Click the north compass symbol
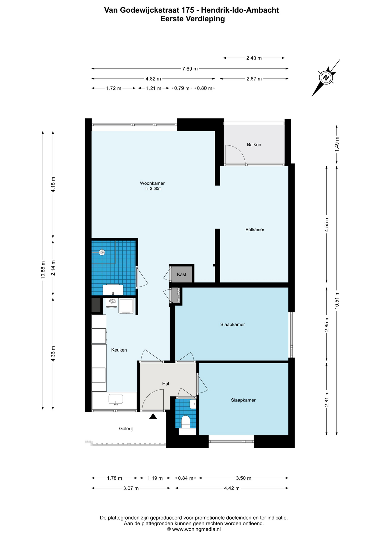tap(326, 77)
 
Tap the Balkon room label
tap(254, 145)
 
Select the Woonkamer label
tap(152, 183)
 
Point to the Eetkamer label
tap(255, 230)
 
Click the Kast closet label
tap(182, 275)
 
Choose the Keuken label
tap(119, 350)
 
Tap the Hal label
tap(166, 384)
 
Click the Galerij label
tap(126, 429)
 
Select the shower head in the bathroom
tap(102, 252)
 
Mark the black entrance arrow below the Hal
tap(153, 416)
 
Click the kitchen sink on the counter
tap(115, 399)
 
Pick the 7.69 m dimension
tap(190, 69)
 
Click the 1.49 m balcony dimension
tap(337, 144)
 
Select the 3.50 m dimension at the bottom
tap(244, 478)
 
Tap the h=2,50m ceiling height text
tap(153, 189)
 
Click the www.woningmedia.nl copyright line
tap(194, 529)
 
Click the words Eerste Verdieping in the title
tap(192, 19)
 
